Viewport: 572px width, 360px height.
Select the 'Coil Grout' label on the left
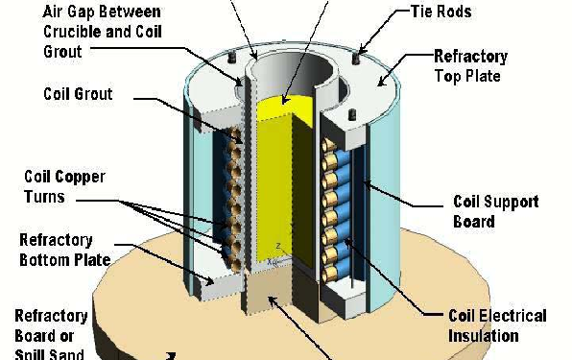coord(79,94)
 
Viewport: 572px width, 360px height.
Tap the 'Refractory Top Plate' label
coord(472,66)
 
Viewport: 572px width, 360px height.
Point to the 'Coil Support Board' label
coord(495,212)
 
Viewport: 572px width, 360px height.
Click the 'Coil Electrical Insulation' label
coord(498,325)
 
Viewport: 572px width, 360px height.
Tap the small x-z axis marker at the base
coord(276,252)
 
